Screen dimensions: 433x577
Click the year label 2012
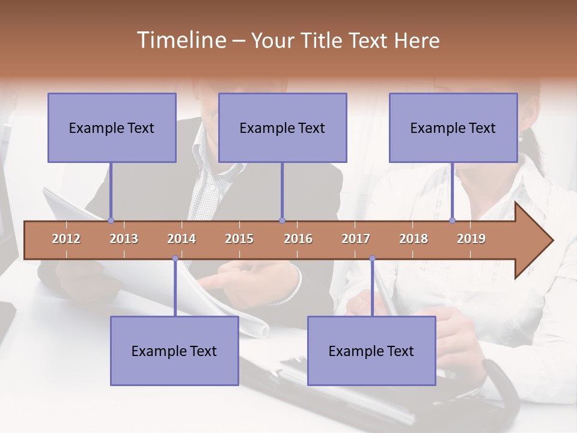point(66,239)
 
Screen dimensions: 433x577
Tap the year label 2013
point(124,239)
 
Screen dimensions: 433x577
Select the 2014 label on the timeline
point(182,239)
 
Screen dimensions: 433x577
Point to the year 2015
point(239,239)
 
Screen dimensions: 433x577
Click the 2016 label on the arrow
point(298,239)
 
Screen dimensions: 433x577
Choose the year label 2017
point(356,239)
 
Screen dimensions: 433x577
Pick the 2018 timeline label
point(414,239)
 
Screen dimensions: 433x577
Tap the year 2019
point(471,239)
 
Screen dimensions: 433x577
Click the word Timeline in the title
point(180,40)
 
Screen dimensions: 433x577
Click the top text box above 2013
point(112,127)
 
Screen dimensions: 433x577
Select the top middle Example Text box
point(282,127)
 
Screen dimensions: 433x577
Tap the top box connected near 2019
point(453,127)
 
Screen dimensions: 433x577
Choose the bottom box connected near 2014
point(174,351)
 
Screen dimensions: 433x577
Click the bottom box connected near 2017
point(371,351)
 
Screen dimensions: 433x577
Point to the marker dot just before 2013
point(111,220)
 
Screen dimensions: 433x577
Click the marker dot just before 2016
point(282,220)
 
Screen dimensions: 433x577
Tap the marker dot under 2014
point(175,259)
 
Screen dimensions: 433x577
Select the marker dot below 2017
point(372,259)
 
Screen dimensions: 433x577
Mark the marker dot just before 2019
point(452,220)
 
